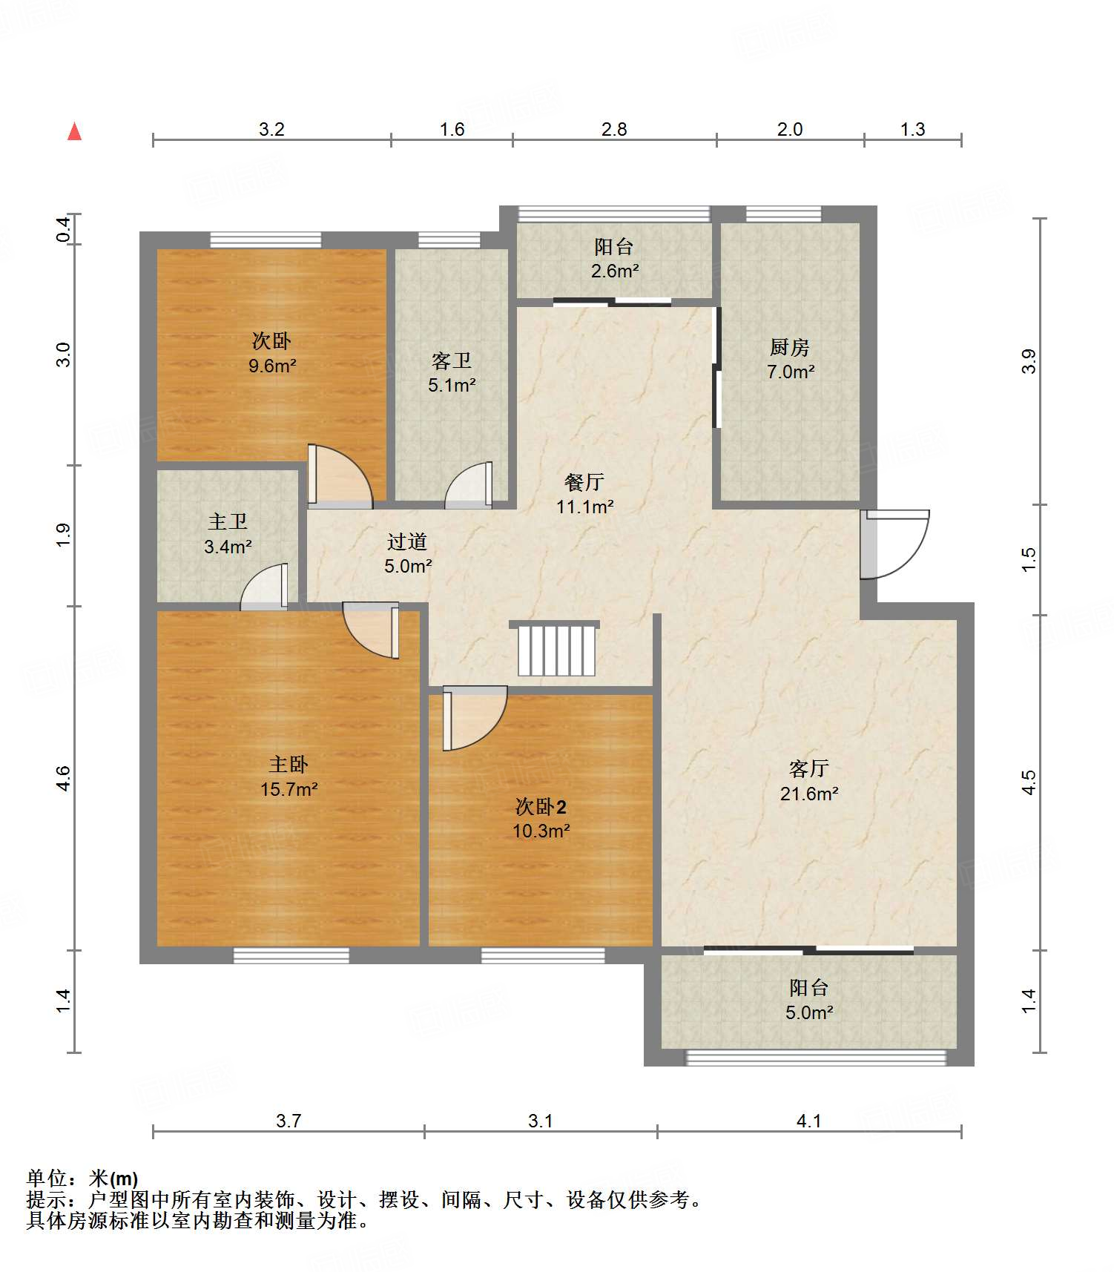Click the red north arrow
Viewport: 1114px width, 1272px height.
pos(74,131)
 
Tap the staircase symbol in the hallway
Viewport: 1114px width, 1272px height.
pos(556,649)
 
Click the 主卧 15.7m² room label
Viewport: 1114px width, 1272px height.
pos(289,777)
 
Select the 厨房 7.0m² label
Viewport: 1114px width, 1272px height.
pos(790,359)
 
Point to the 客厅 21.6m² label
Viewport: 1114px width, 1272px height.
pos(809,781)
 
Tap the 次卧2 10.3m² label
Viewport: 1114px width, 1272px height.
pos(541,819)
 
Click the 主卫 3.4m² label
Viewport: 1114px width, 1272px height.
pos(228,534)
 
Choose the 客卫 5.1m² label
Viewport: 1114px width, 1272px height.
pos(452,372)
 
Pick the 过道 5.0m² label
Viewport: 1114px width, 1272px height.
pos(407,553)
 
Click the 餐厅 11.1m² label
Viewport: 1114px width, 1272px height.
pos(584,494)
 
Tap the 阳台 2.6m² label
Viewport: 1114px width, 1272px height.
pos(615,258)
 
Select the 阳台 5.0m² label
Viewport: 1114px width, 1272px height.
pos(809,1000)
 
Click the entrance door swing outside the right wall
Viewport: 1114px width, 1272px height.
pos(894,544)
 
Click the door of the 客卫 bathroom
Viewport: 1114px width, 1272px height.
pos(469,485)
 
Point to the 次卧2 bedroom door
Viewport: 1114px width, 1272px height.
pos(475,718)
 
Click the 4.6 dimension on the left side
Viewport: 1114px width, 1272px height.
pos(63,778)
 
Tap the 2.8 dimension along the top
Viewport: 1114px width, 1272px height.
pos(614,130)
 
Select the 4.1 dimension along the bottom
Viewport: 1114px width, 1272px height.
pos(808,1121)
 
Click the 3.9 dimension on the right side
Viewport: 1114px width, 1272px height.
pos(1028,361)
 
